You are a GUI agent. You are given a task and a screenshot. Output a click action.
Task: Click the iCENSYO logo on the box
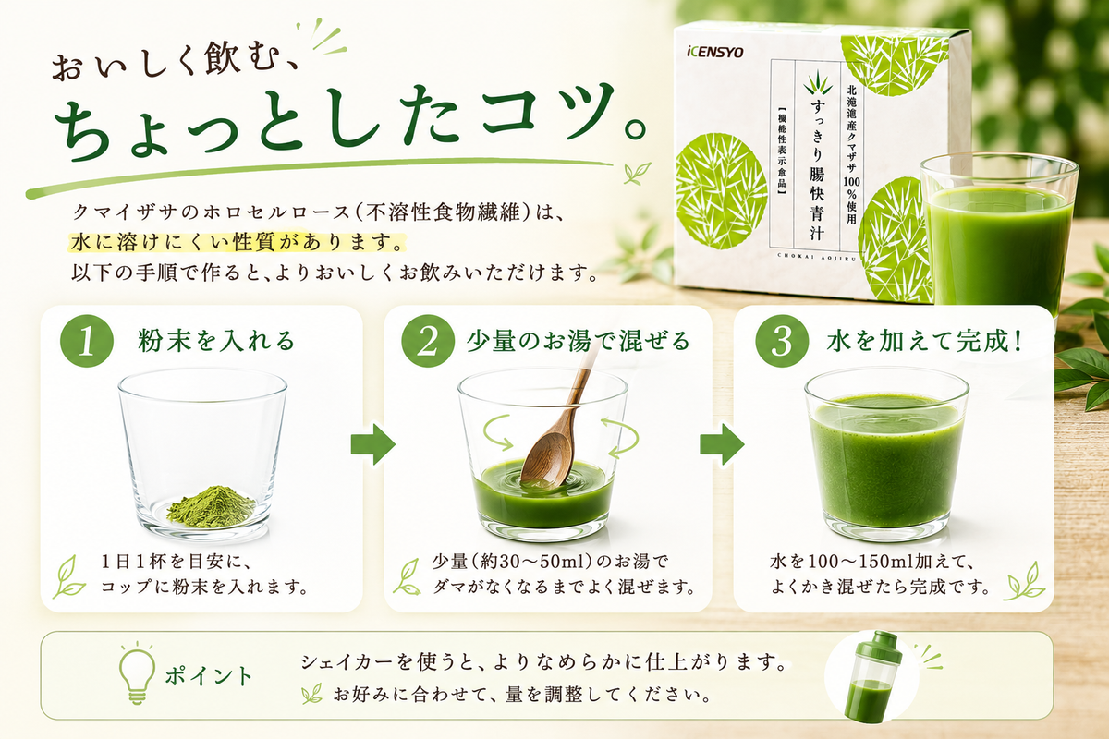[x=715, y=52]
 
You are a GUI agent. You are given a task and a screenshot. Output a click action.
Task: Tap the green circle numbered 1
[x=87, y=341]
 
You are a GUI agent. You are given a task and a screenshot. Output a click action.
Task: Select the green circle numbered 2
[x=428, y=341]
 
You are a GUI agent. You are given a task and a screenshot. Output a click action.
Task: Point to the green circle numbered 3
[x=782, y=341]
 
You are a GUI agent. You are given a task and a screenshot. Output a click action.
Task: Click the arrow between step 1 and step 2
[x=372, y=444]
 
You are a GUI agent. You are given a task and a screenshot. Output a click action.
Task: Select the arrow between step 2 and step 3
[x=722, y=444]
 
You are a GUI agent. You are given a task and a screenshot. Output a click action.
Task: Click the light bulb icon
[x=137, y=673]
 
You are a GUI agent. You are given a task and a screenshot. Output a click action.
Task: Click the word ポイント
[x=209, y=676]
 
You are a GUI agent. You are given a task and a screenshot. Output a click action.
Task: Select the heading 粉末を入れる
[x=216, y=342]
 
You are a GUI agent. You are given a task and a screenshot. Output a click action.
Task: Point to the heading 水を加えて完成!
[x=924, y=342]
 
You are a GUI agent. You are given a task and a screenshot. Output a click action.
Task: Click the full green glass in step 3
[x=886, y=454]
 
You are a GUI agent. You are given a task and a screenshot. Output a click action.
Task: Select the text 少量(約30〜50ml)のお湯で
[x=550, y=562]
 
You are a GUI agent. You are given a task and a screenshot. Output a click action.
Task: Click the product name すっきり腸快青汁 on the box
[x=816, y=169]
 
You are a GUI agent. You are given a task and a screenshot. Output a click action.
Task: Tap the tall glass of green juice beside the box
[x=995, y=237]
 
